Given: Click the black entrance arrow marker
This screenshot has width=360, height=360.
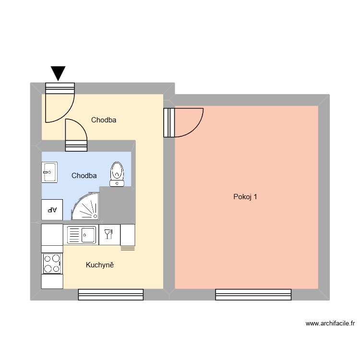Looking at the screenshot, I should (x=59, y=73).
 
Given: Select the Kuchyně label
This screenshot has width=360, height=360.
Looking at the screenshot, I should (x=100, y=265).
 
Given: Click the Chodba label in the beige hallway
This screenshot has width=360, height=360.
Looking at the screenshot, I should (x=104, y=120).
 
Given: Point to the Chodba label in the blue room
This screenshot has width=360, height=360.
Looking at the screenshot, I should (x=84, y=176).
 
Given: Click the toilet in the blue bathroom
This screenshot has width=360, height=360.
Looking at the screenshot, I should (x=117, y=173).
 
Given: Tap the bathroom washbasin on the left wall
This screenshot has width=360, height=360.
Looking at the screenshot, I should (x=49, y=171).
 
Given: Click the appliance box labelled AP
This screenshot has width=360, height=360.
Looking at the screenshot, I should (x=52, y=210).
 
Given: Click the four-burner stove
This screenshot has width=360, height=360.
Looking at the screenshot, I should (x=52, y=264).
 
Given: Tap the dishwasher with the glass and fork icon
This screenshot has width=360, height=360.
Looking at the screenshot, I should (x=109, y=234).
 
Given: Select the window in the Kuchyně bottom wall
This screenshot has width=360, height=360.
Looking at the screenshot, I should (x=111, y=295).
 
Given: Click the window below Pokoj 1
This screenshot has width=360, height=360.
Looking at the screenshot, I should (x=253, y=295).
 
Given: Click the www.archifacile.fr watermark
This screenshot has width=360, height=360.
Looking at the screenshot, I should (x=330, y=324).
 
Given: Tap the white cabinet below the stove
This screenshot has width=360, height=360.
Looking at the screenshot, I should (x=52, y=281).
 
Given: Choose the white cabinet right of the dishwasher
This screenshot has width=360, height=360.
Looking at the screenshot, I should (x=127, y=235).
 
